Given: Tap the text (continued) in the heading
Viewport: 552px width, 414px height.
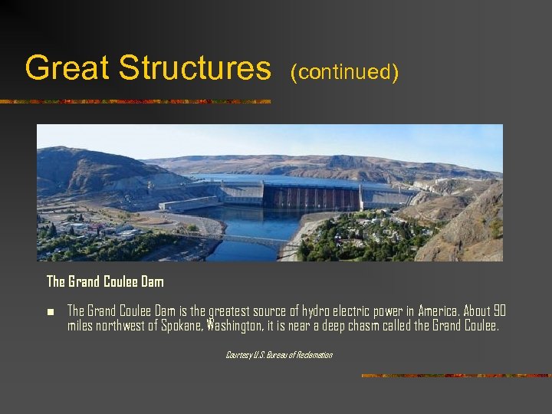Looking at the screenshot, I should (344, 72).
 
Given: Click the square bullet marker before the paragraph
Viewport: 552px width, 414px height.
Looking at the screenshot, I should (50, 311).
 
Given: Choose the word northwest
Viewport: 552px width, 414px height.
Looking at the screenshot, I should (122, 325).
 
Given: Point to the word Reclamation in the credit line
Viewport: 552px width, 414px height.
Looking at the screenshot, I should (314, 355).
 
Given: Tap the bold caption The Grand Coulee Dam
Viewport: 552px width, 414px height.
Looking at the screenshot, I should (105, 282).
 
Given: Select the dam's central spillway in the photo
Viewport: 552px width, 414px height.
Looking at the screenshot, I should (310, 197).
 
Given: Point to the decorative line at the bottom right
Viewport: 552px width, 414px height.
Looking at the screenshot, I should (455, 376).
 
